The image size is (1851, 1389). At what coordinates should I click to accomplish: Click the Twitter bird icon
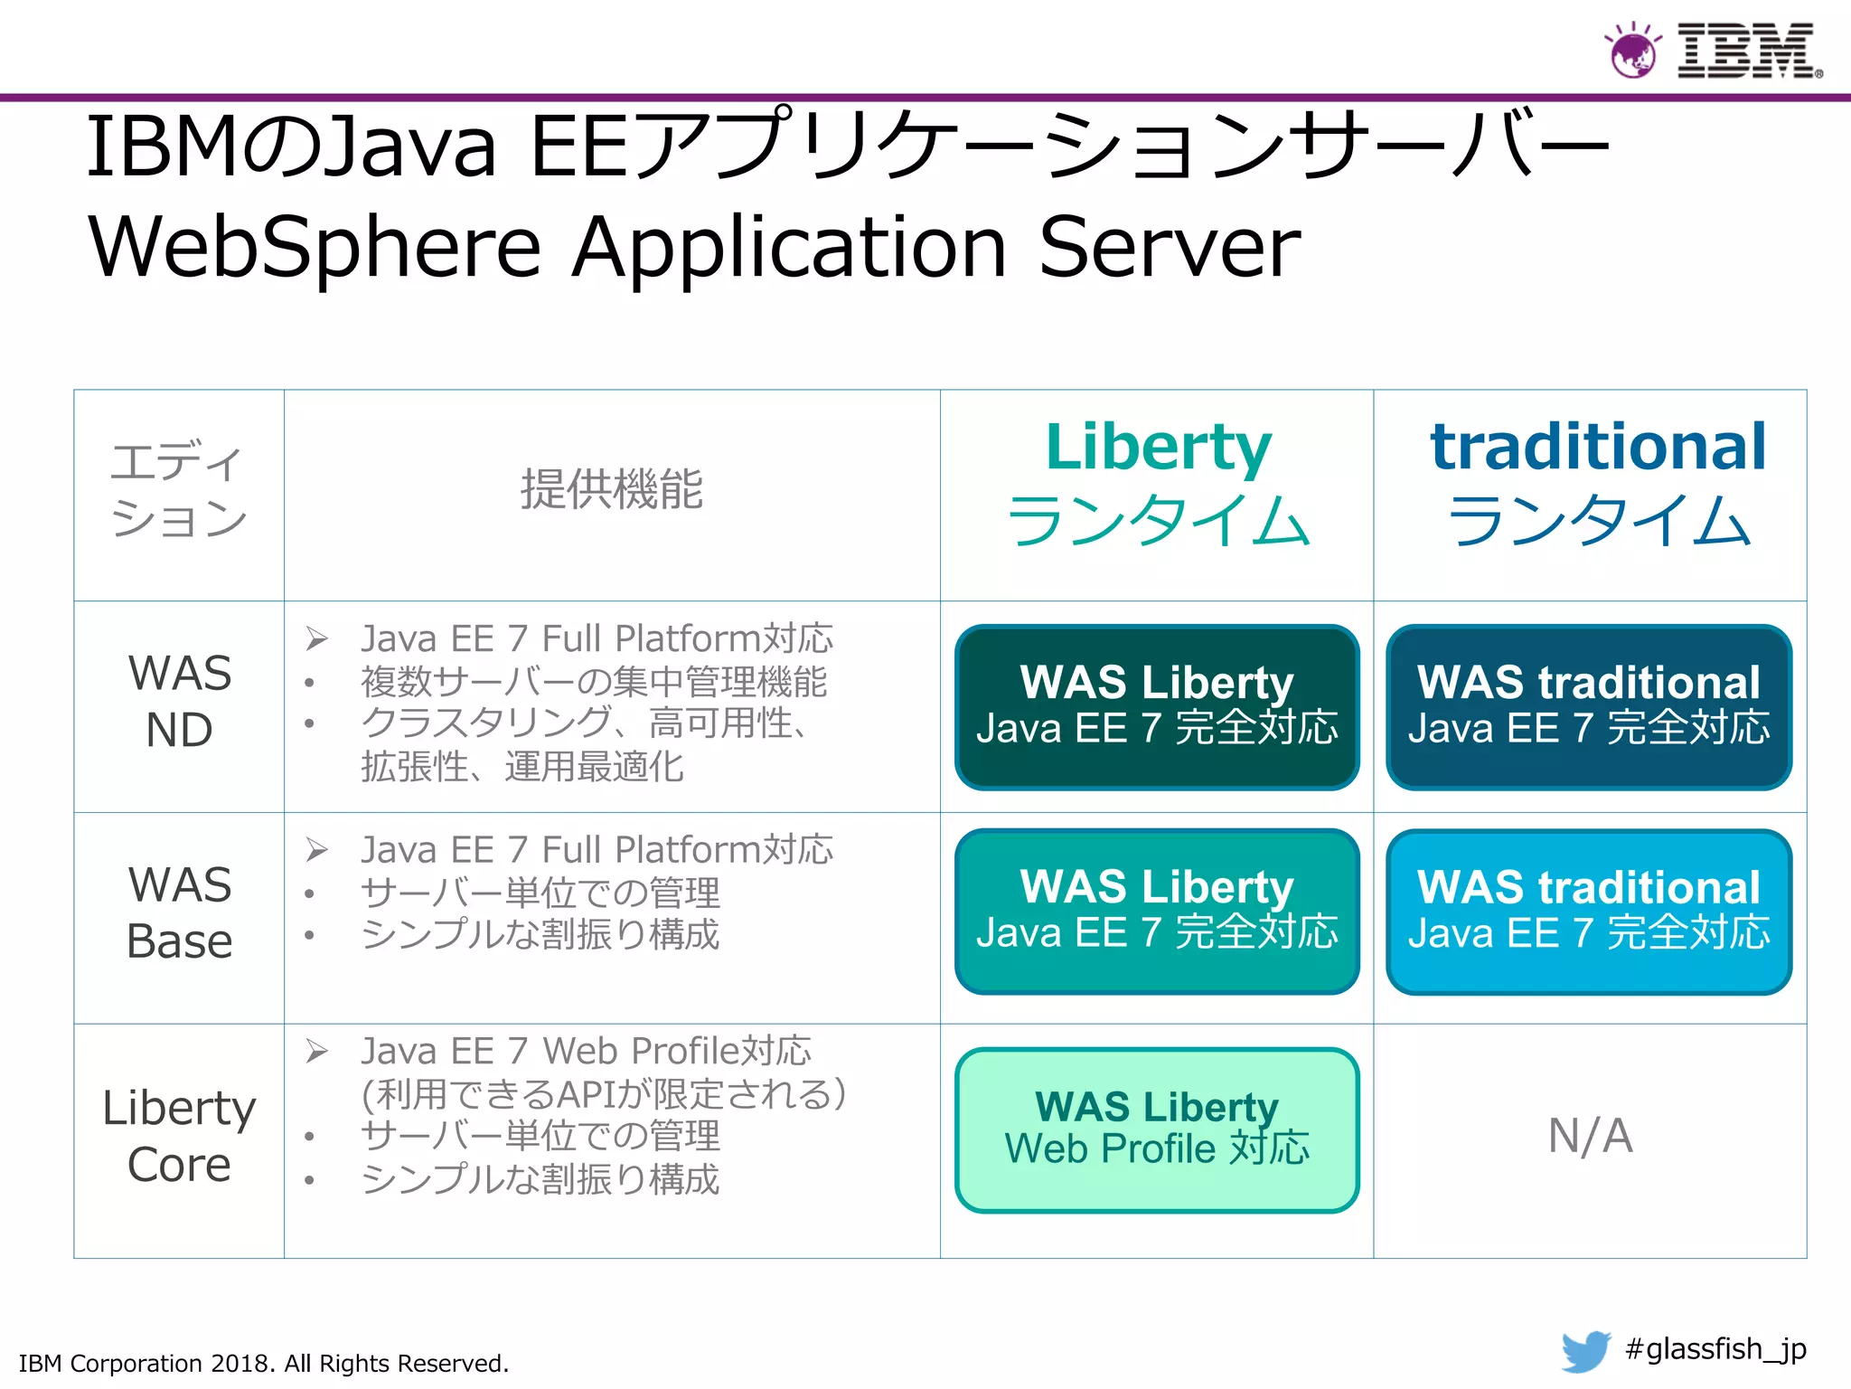[x=1586, y=1351]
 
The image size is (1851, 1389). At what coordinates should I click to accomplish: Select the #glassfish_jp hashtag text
[x=1715, y=1349]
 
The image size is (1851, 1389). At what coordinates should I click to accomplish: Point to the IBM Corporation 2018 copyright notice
[x=264, y=1363]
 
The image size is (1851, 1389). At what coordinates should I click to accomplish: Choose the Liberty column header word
[x=1158, y=447]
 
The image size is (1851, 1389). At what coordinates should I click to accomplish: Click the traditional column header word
[x=1597, y=447]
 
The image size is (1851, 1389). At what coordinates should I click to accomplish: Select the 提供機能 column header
[x=611, y=489]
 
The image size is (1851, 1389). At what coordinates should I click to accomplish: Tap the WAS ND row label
[x=180, y=701]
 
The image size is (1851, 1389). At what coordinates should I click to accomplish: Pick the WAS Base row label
[x=180, y=912]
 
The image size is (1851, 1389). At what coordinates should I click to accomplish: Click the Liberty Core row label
[x=180, y=1136]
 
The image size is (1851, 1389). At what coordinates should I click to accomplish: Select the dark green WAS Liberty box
[x=1157, y=706]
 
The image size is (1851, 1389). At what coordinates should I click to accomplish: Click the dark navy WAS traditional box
[x=1589, y=706]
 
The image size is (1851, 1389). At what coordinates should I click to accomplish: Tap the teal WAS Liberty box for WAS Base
[x=1157, y=911]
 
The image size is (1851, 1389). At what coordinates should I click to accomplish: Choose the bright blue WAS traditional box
[x=1589, y=911]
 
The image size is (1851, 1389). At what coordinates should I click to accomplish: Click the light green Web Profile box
[x=1157, y=1129]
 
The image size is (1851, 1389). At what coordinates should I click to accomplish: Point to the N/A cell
[x=1590, y=1136]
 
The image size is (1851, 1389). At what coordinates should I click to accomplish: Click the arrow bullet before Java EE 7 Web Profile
[x=316, y=1051]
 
